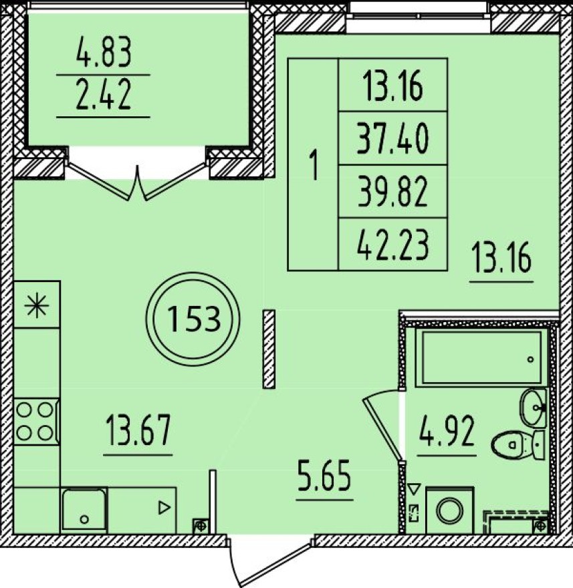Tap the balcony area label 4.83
click(x=104, y=53)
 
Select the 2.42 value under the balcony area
click(x=104, y=96)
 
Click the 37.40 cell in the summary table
click(x=392, y=139)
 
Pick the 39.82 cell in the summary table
click(x=392, y=192)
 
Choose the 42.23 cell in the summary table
click(x=392, y=245)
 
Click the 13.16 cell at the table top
click(x=392, y=86)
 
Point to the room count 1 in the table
click(x=314, y=164)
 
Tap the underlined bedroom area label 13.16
click(x=501, y=258)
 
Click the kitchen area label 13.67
click(x=138, y=430)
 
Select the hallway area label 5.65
click(x=324, y=476)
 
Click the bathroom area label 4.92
click(x=447, y=432)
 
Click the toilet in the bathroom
click(x=518, y=444)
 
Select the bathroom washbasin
click(x=533, y=408)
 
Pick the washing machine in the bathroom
click(x=449, y=510)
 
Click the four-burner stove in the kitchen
click(x=36, y=422)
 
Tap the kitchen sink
click(x=84, y=509)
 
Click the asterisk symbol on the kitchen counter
click(x=37, y=305)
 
